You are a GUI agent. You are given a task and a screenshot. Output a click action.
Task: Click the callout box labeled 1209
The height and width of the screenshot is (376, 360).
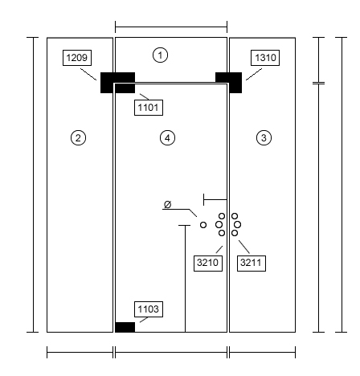coord(77,58)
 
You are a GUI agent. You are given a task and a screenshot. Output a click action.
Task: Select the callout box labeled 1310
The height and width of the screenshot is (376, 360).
coord(265,58)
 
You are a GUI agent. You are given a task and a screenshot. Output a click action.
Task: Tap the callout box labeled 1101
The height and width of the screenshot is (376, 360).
coord(149,108)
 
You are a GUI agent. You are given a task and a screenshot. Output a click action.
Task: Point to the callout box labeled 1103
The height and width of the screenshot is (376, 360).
coord(149,309)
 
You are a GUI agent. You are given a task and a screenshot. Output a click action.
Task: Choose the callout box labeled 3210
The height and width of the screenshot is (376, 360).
coord(208,263)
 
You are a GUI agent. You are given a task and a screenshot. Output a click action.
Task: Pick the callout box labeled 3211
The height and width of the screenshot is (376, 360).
coord(252,263)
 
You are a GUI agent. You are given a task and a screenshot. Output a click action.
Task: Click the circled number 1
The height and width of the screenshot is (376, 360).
coord(160,55)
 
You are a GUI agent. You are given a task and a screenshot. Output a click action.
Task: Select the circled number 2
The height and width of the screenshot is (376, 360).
coord(78,138)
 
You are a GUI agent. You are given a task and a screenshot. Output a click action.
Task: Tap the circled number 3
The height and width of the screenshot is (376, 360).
coord(264,138)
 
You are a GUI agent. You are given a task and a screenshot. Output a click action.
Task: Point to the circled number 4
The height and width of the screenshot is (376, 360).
coord(167,138)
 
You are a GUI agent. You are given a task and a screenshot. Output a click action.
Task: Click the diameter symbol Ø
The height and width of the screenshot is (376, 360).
coord(167,205)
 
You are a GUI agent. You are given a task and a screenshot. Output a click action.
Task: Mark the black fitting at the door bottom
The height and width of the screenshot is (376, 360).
coord(125,327)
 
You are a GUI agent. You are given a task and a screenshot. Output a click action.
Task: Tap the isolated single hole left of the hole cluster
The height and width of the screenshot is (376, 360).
coord(203,225)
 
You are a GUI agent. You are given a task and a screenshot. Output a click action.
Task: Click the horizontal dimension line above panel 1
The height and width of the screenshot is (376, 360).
coord(171,27)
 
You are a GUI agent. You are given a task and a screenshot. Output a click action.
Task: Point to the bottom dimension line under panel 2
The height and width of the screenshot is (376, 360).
coord(80,352)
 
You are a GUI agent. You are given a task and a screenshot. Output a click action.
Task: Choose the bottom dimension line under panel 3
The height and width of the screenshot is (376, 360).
coord(263,352)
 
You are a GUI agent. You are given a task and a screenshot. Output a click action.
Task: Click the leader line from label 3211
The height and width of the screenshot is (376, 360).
coord(244,247)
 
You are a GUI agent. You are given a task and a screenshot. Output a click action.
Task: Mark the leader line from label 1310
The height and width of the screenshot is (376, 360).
coord(254,74)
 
